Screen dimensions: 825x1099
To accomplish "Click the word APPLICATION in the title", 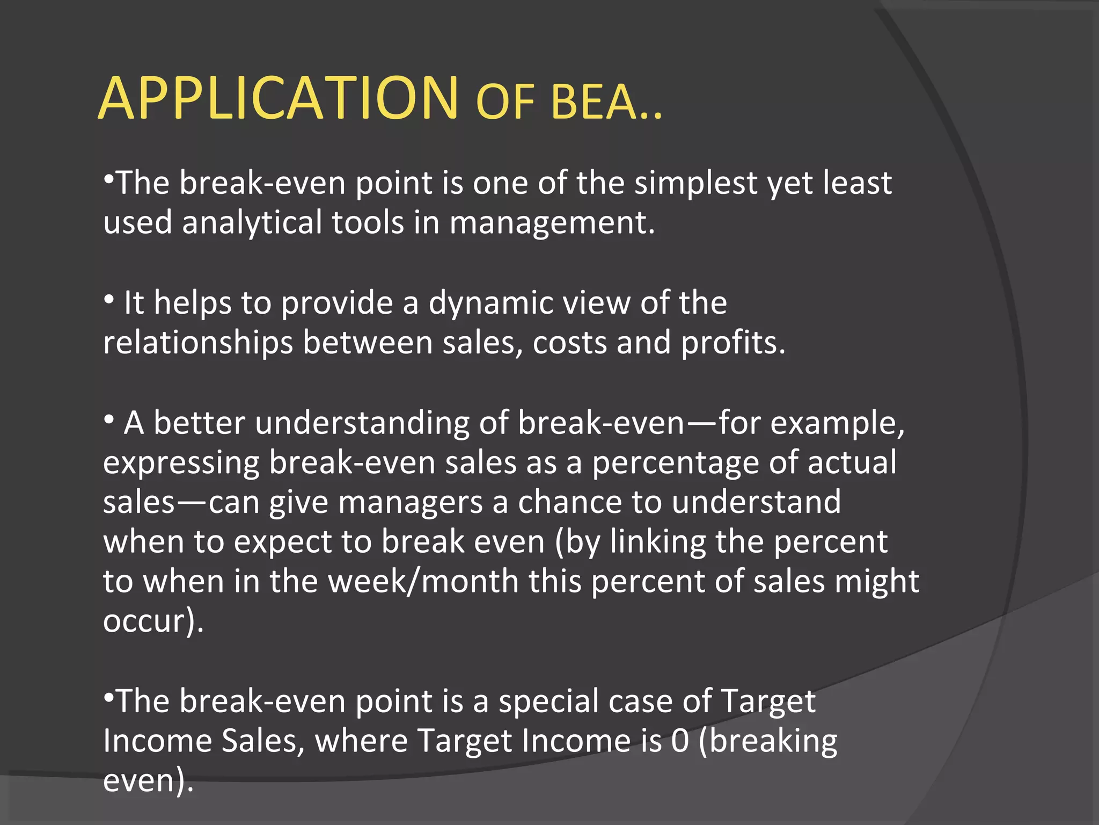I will point(279,99).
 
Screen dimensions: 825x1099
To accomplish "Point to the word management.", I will point(552,223).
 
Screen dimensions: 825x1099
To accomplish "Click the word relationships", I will point(198,343).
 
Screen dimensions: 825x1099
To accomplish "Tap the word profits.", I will point(733,343).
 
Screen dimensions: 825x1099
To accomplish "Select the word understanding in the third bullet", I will point(362,423).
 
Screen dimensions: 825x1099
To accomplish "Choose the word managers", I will point(411,503).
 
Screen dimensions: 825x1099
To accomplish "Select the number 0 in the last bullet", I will point(680,742).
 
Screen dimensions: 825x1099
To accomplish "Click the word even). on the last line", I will point(148,781).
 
